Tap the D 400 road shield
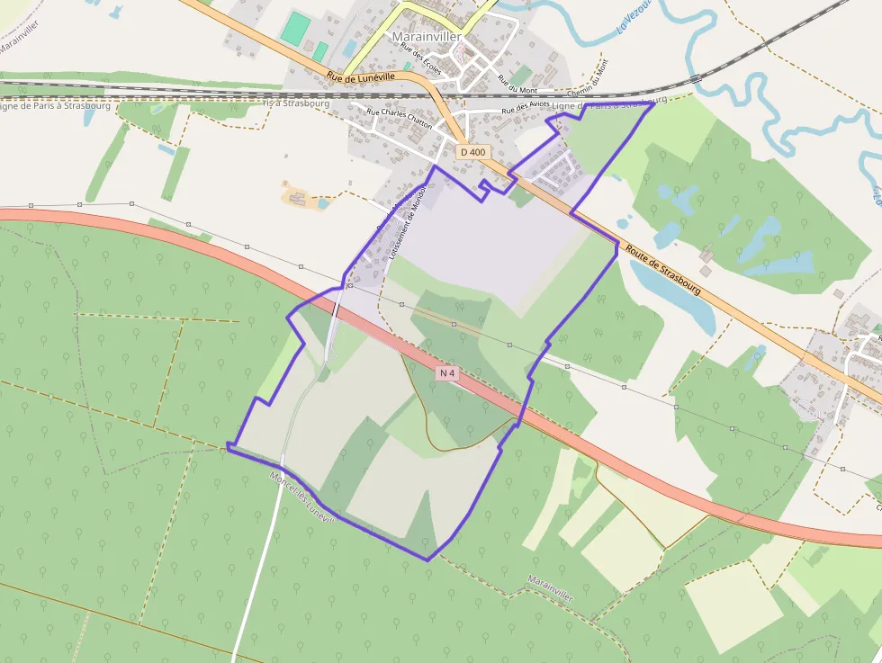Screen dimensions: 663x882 pos(472,152)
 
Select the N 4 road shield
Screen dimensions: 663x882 pos(448,372)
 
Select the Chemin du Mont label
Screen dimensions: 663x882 pos(589,78)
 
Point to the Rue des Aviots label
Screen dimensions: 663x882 pos(526,109)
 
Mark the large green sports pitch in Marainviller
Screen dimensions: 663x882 pos(294,28)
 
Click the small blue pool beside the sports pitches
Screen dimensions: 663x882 pos(349,48)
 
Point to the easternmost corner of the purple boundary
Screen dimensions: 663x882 pos(653,103)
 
